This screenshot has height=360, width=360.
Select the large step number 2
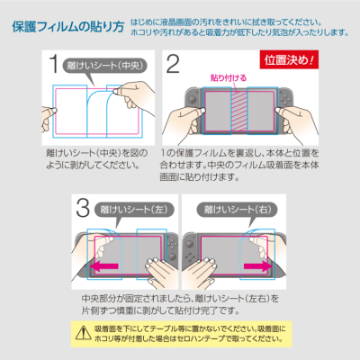[x=173, y=65]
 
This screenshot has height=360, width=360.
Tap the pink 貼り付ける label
[x=226, y=78]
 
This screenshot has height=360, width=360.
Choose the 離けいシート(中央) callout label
[x=105, y=64]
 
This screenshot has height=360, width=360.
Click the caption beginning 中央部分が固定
[x=180, y=303]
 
